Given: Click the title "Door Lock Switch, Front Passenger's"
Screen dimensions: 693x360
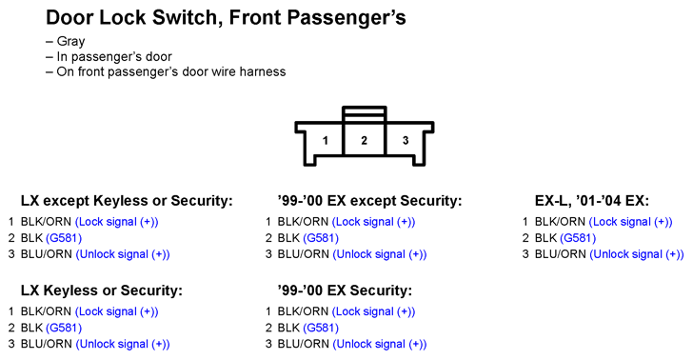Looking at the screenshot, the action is click(226, 18).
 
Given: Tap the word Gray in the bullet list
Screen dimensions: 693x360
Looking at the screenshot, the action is click(70, 42).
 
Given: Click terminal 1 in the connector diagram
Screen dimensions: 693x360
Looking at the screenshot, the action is click(326, 141).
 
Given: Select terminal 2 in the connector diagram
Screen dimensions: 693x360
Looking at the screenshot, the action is click(365, 141).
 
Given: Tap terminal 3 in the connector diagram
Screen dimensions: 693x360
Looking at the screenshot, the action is click(406, 141).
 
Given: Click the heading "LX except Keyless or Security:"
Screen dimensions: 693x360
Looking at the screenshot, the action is click(127, 201).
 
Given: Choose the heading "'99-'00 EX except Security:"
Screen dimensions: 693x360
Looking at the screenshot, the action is click(369, 201).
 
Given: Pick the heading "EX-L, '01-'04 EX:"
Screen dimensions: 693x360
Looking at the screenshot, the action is click(592, 201).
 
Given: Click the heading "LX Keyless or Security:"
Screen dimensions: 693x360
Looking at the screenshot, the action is click(101, 290).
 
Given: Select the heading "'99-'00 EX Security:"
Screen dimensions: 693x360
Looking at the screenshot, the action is click(345, 290).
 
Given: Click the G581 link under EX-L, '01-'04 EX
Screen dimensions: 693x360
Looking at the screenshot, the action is click(578, 238).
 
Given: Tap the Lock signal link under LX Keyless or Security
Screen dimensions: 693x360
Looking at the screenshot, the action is click(117, 311).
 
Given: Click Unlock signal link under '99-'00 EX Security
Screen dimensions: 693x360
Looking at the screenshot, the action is click(380, 344).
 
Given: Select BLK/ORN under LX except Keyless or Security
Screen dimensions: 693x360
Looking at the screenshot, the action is click(46, 222).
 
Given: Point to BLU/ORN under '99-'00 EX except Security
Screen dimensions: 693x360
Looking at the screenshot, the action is click(303, 254).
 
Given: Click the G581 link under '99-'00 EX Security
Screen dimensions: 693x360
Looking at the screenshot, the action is click(322, 329).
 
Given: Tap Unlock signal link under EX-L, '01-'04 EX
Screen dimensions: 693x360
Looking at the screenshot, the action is click(637, 254).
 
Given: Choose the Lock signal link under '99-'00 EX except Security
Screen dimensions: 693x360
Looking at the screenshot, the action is click(373, 222).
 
